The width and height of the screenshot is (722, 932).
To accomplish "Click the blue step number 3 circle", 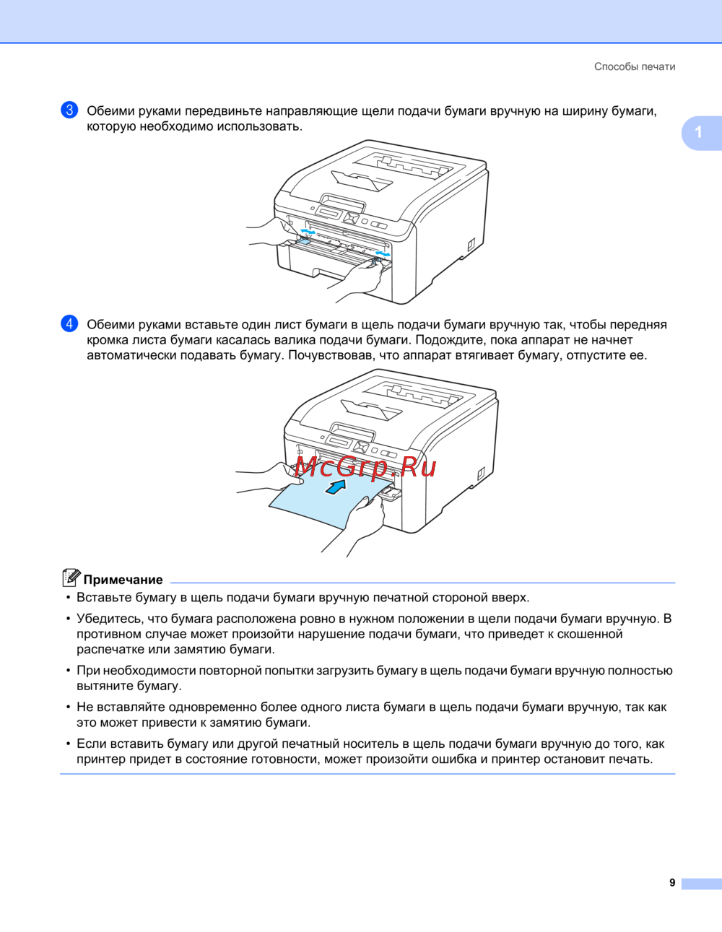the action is [69, 110].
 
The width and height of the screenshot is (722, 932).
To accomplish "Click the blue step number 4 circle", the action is [69, 323].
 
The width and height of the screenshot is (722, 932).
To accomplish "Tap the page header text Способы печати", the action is [635, 66].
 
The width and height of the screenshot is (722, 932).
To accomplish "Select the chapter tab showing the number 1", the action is [700, 133].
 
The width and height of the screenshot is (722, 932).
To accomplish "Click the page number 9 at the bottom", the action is [672, 883].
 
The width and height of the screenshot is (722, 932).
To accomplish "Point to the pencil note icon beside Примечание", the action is [71, 578].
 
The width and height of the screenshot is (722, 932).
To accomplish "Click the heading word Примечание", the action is [123, 580].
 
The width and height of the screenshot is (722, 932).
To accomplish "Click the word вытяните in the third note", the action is [105, 685].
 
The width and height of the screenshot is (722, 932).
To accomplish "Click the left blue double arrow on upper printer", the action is [308, 232].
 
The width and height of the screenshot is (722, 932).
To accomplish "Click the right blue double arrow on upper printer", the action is [383, 254].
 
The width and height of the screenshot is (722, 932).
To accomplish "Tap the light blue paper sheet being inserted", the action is [326, 502].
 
